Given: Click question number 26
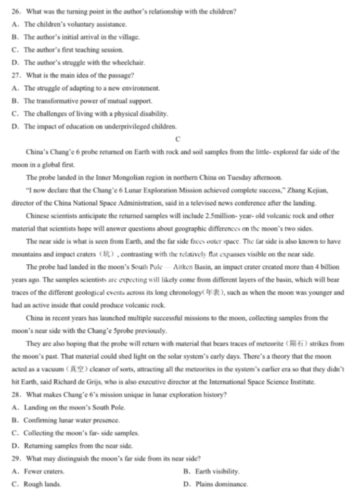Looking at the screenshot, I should coord(16,11).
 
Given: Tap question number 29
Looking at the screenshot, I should coord(16,458).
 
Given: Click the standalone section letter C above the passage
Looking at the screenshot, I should coord(178,139).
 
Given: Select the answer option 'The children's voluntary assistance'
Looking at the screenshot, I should coord(75,24).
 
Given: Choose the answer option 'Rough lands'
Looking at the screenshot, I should coord(42,484).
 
